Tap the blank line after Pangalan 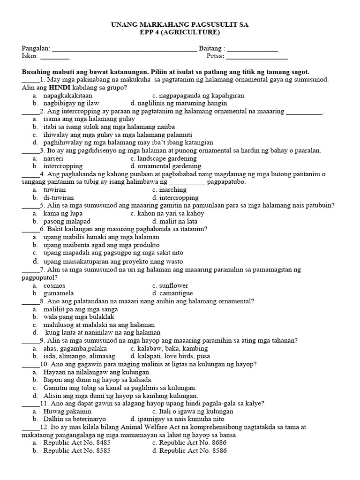pos(124,49)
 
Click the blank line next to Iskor pos(55,58)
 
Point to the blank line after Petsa pos(257,58)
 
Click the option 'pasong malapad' pos(67,221)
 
